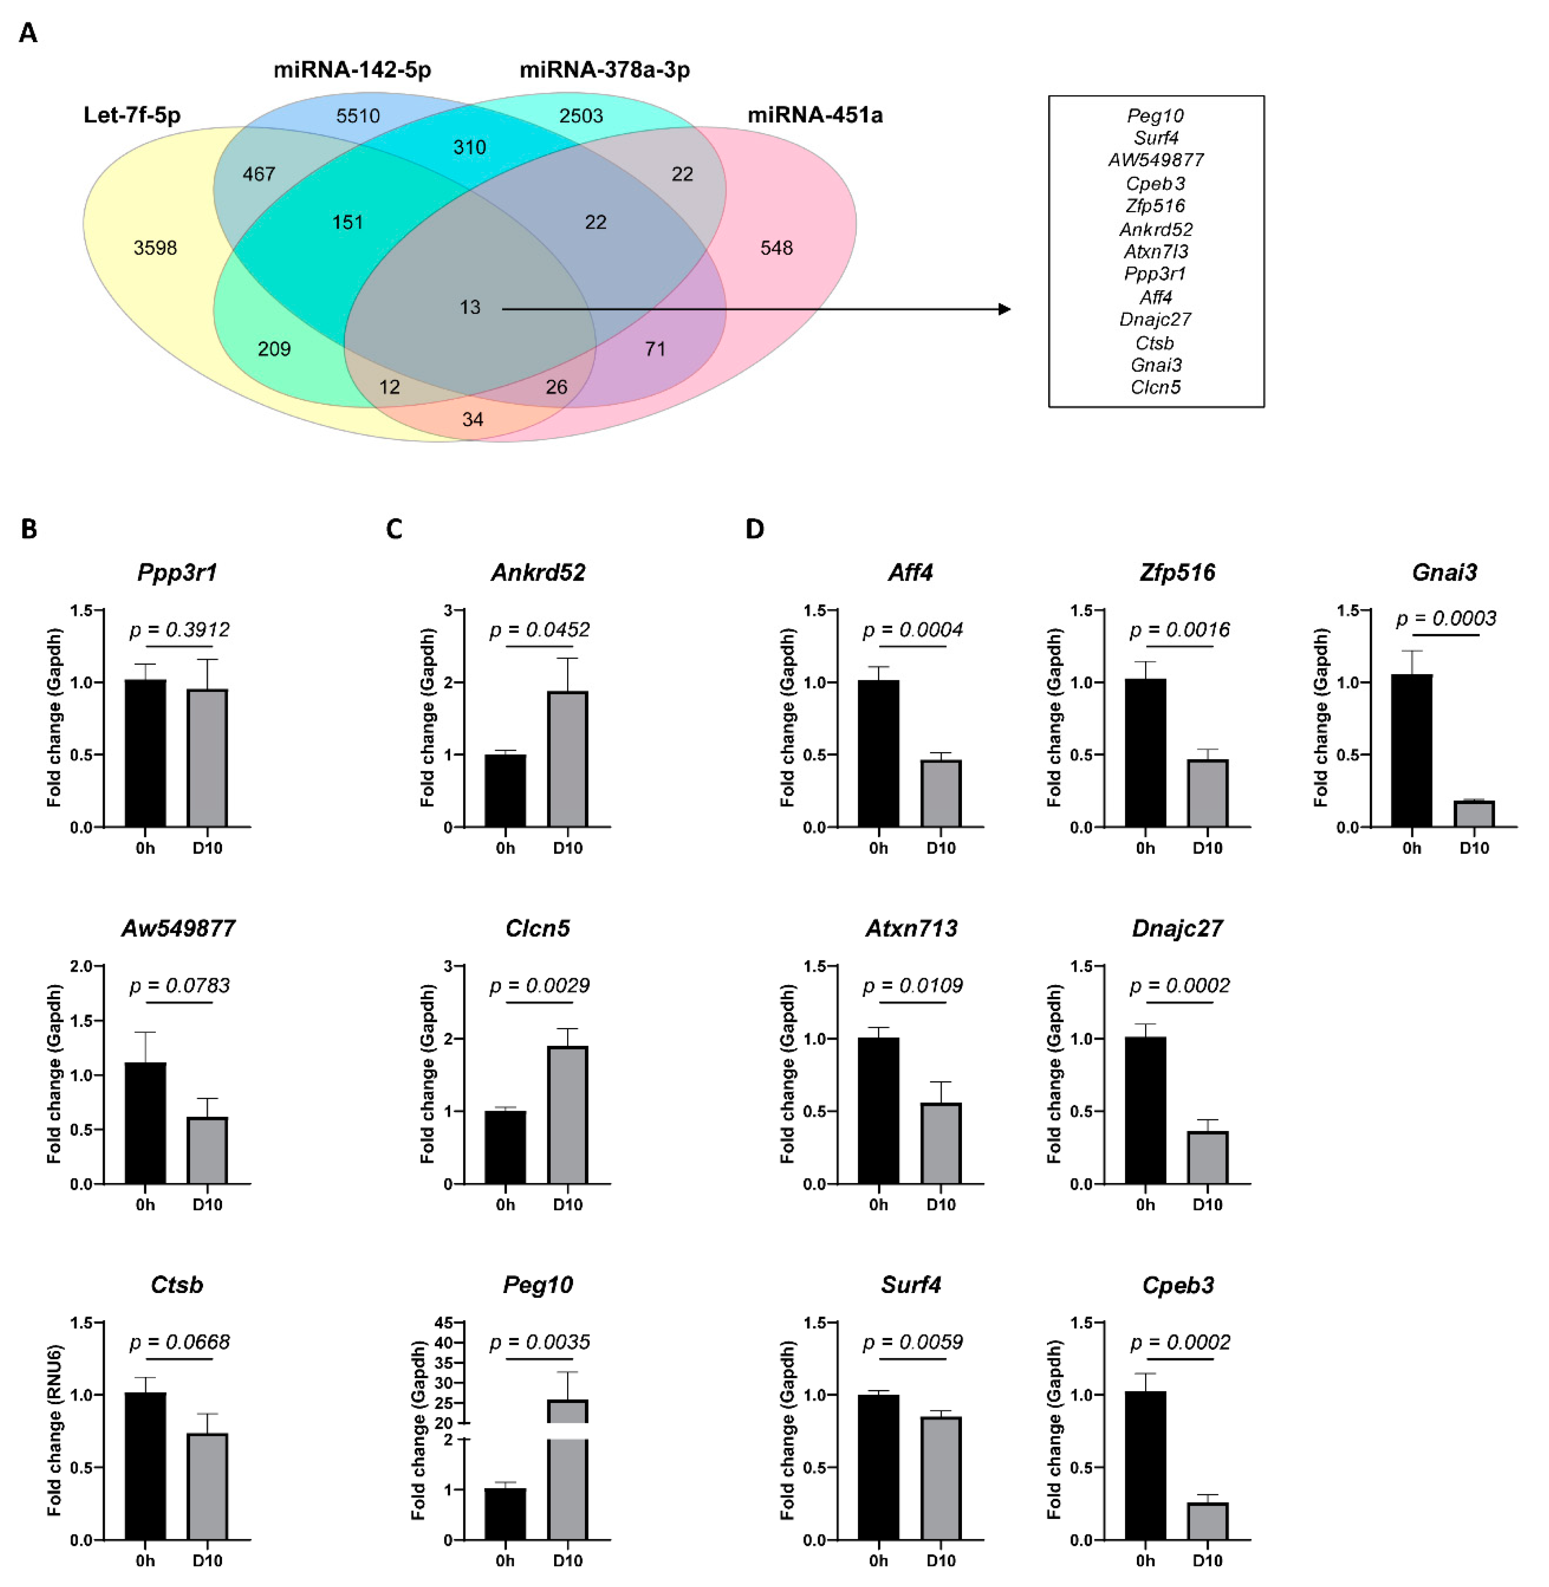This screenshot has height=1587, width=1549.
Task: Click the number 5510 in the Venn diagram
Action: [x=358, y=116]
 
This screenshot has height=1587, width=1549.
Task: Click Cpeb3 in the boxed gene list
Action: [x=1155, y=183]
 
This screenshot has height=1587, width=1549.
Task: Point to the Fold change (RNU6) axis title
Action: [x=54, y=1430]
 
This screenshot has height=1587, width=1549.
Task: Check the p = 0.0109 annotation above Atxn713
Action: [x=912, y=986]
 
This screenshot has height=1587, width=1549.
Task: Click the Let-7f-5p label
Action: [x=132, y=115]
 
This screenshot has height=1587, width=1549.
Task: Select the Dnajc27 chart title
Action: [x=1177, y=928]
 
